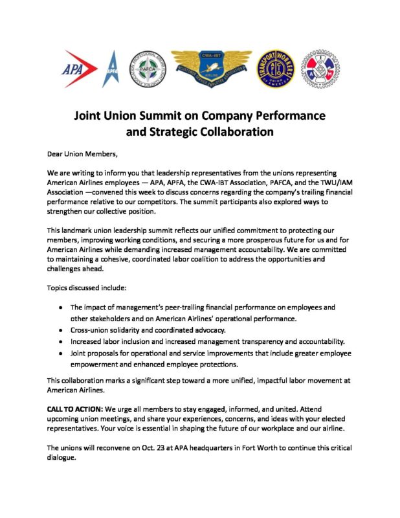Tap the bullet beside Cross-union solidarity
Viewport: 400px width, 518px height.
(60, 330)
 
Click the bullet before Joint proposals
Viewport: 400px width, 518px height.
(60, 354)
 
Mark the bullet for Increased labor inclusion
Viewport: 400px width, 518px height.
(60, 342)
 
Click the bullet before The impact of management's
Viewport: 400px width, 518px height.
(60, 308)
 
